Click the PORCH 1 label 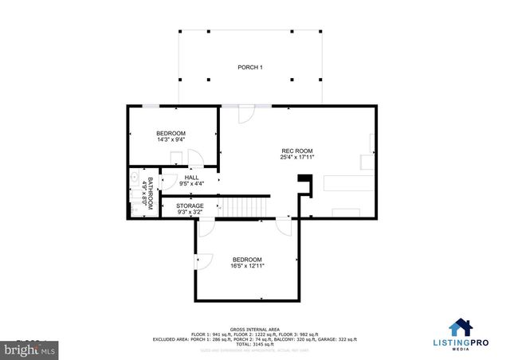(x=250, y=67)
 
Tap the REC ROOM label (x=296, y=151)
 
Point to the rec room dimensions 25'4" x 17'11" (x=296, y=158)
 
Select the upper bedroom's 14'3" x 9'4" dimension (x=171, y=140)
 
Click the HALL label (x=192, y=178)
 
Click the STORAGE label (x=190, y=206)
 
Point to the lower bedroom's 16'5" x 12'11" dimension (x=247, y=266)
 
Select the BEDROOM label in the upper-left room (x=171, y=133)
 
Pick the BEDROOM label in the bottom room (x=247, y=259)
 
